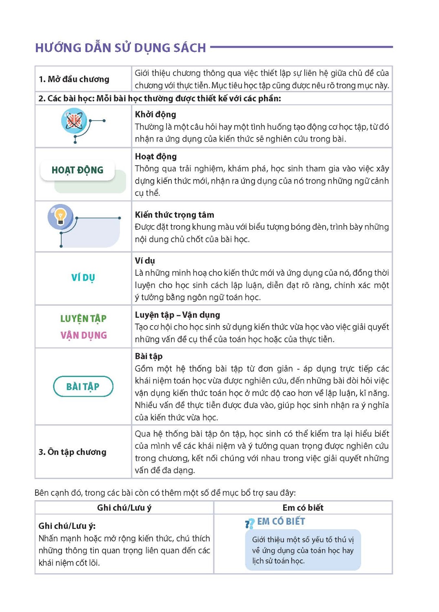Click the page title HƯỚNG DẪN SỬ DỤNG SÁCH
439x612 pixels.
[x=120, y=48]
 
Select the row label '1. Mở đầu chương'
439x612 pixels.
[x=74, y=79]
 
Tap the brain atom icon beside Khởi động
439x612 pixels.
[x=74, y=121]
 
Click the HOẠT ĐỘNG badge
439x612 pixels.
[x=78, y=170]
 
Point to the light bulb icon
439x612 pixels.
[x=60, y=216]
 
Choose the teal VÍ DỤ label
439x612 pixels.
[x=83, y=278]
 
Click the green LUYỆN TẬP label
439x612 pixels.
[x=83, y=319]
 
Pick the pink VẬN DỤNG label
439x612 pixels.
[x=84, y=335]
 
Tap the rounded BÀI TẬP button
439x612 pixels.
[x=83, y=386]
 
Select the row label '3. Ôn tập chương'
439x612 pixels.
[x=72, y=452]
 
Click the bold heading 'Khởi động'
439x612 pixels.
[x=155, y=115]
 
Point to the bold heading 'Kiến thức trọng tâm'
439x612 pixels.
[x=174, y=215]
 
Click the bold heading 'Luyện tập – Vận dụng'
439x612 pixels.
[x=177, y=315]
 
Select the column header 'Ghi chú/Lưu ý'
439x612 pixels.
[x=124, y=508]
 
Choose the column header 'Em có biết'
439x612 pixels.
[x=303, y=508]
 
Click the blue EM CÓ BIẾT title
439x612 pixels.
[x=281, y=522]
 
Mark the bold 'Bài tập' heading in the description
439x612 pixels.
[x=149, y=357]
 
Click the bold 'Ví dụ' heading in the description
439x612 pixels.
[x=145, y=261]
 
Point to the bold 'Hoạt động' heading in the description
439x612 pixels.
[x=156, y=157]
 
